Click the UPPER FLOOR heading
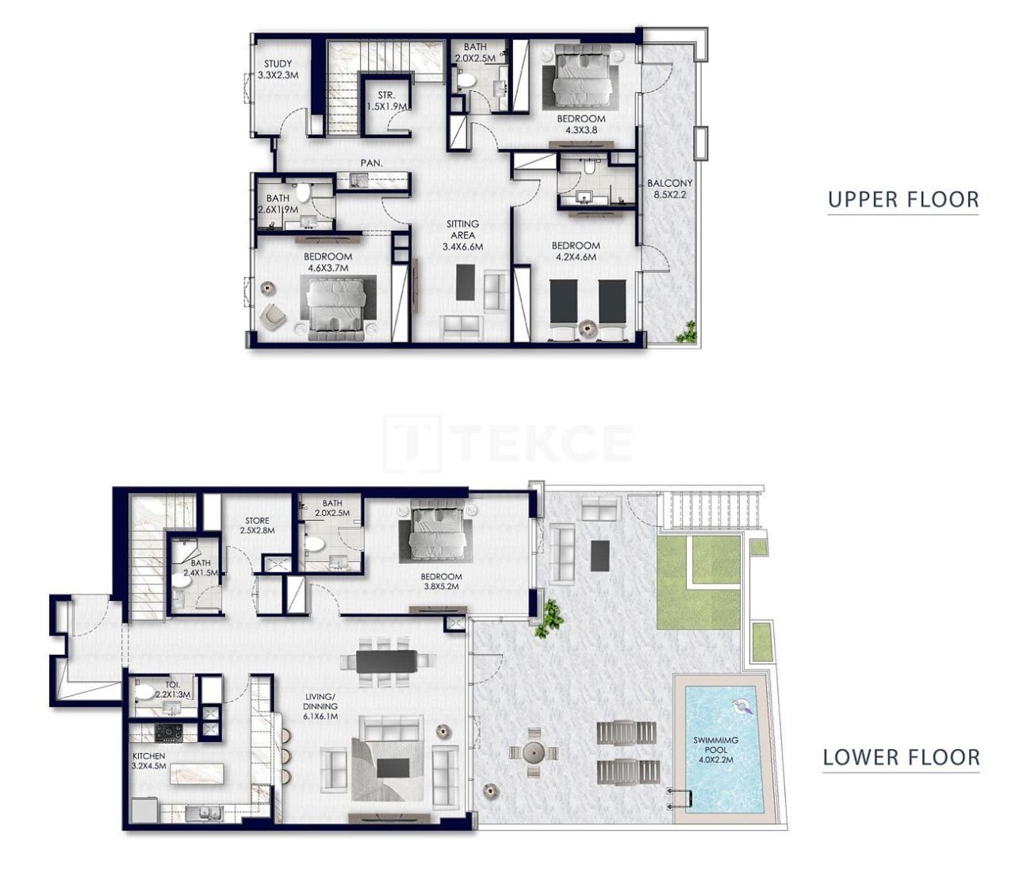[x=902, y=199]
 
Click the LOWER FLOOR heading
[x=901, y=757]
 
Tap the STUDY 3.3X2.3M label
[x=278, y=70]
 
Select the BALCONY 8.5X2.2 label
[x=669, y=189]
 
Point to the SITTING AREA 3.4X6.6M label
[x=462, y=235]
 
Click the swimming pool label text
[x=715, y=749]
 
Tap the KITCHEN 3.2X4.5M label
[x=149, y=761]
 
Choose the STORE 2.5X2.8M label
[x=257, y=526]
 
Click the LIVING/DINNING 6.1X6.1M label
[x=320, y=705]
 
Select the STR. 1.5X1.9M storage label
[x=386, y=101]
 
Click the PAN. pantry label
[x=371, y=163]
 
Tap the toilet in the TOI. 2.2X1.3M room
[x=147, y=692]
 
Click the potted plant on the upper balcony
[x=687, y=331]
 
